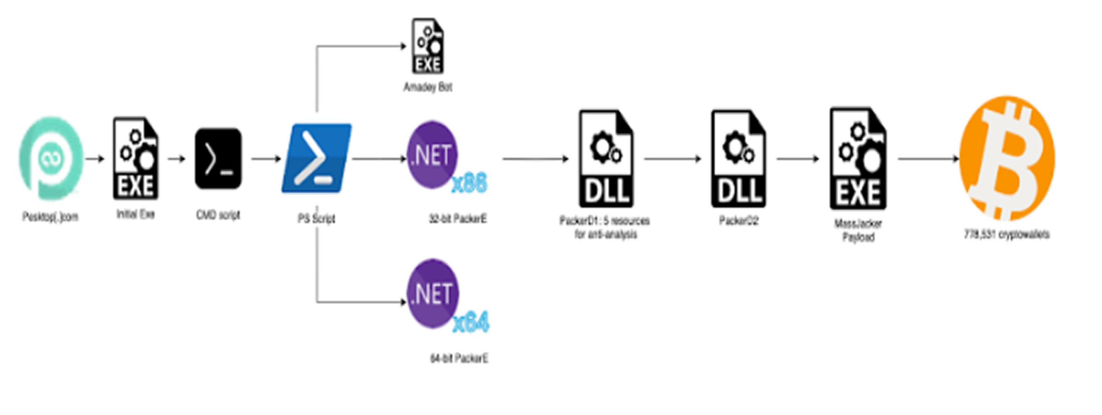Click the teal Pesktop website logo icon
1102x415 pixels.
50,158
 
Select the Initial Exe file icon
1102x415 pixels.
136,158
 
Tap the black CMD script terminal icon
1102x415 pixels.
218,159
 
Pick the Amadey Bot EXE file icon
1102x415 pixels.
428,46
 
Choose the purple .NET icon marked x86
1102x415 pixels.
432,155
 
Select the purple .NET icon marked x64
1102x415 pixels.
432,293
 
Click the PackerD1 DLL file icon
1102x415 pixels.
606,159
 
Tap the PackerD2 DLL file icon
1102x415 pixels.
738,159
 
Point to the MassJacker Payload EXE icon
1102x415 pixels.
858,159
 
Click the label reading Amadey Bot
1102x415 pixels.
428,87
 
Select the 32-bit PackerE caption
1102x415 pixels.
458,219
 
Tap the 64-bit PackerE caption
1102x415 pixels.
459,358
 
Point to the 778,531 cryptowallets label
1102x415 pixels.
1007,234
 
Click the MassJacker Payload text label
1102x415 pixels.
858,230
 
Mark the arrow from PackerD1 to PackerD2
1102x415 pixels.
672,159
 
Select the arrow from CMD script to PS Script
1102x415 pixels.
266,159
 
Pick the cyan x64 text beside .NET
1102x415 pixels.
471,322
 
